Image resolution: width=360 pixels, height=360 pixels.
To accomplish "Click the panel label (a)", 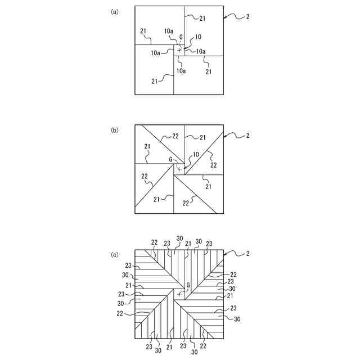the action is [115, 11].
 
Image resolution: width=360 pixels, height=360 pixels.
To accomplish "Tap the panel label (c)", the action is [115, 254].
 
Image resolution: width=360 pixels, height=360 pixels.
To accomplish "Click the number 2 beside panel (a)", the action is [248, 16].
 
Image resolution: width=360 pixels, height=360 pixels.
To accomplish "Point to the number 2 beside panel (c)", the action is [248, 254].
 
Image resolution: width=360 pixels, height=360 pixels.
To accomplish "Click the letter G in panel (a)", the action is [181, 37].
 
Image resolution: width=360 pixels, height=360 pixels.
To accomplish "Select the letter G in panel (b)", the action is [170, 159].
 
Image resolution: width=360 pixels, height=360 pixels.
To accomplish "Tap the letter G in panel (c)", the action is [187, 286].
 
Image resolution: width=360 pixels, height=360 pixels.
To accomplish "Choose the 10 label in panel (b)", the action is [196, 154].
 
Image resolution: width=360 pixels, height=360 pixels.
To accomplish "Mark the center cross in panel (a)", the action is [179, 50].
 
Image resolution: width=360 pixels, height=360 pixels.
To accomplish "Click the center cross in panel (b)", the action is [179, 168].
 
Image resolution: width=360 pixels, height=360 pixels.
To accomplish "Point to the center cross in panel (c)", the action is [179, 294].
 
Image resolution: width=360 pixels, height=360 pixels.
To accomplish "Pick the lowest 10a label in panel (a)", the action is [181, 71].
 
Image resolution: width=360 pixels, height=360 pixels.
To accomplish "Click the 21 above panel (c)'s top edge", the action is [188, 244].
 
